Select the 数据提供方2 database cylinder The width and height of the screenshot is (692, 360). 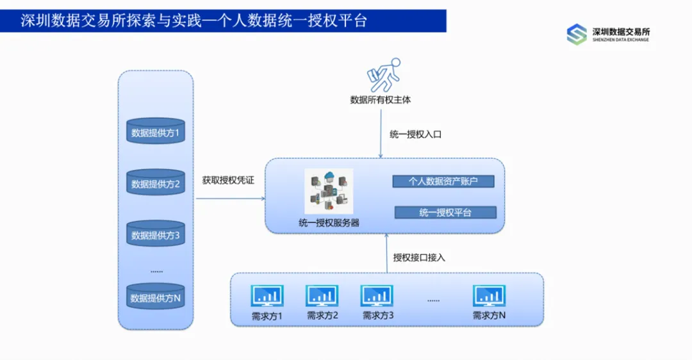click(x=155, y=183)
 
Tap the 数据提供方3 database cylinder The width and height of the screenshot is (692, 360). click(x=155, y=234)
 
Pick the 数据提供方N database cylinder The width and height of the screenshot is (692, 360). click(x=155, y=297)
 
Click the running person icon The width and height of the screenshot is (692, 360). click(x=383, y=75)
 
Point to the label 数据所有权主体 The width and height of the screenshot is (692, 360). click(x=381, y=100)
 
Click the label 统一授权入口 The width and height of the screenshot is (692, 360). click(x=415, y=135)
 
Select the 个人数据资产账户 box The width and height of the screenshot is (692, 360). click(x=443, y=181)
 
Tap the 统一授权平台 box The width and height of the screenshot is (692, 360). click(x=445, y=213)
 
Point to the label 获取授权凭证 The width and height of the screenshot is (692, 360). click(x=228, y=181)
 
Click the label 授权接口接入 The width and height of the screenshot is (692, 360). click(x=419, y=258)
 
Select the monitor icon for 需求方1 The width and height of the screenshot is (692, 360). click(x=268, y=296)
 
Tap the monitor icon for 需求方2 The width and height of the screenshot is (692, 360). click(x=322, y=296)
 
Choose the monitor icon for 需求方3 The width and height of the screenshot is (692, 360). click(x=377, y=296)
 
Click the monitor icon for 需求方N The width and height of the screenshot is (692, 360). click(x=490, y=296)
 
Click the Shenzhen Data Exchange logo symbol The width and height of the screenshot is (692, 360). click(x=577, y=35)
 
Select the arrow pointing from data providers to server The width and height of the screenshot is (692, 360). click(x=231, y=199)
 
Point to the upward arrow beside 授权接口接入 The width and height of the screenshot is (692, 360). click(x=386, y=253)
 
